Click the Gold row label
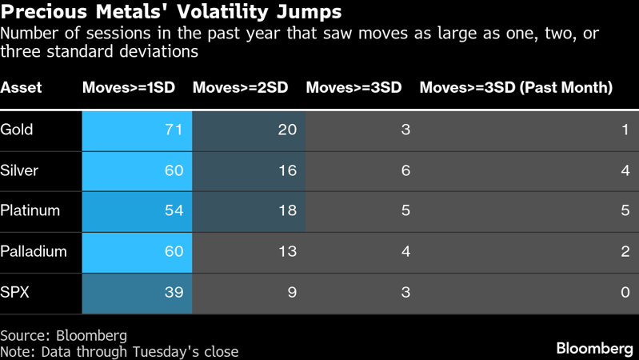click(x=17, y=130)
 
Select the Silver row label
click(x=19, y=170)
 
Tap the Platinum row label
click(x=30, y=210)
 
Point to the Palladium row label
click(x=34, y=251)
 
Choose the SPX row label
click(x=15, y=292)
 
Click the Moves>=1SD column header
click(x=129, y=88)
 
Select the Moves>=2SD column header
click(x=240, y=88)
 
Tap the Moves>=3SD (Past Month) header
click(x=516, y=88)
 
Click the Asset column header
click(x=21, y=88)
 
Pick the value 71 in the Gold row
click(x=174, y=130)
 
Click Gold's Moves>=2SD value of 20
click(x=287, y=130)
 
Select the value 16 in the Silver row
click(x=287, y=170)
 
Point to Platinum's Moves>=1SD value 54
click(x=174, y=210)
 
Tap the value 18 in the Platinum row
click(x=287, y=210)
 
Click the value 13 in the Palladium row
click(x=287, y=251)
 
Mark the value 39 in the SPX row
click(x=174, y=292)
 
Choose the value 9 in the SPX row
click(x=292, y=292)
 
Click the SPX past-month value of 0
click(x=625, y=292)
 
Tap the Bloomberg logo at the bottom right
click(x=594, y=349)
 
